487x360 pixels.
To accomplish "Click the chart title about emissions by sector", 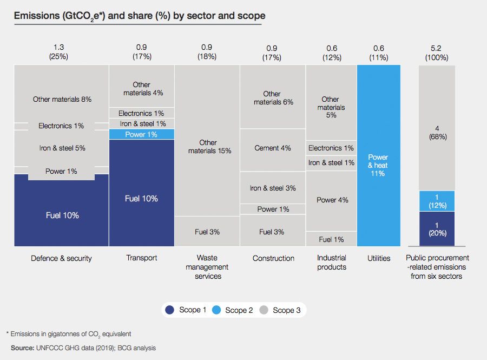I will click(140, 16).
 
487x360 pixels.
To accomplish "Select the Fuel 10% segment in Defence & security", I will click(62, 215).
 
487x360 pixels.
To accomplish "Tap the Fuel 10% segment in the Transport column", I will click(142, 198).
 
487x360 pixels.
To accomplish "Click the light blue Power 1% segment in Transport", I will click(142, 134).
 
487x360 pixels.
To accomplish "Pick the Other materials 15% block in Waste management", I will click(208, 146).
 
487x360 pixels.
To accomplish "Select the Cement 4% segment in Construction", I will click(273, 148).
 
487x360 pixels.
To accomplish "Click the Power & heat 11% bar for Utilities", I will click(378, 165).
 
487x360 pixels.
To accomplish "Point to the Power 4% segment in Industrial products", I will click(332, 200).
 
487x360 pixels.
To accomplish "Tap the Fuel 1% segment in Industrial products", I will click(332, 239).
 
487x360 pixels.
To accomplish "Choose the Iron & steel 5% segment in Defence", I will click(62, 148).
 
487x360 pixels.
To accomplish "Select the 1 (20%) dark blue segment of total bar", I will click(437, 228).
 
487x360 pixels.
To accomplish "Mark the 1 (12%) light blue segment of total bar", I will click(437, 201).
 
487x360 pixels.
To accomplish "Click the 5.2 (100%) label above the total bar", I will click(437, 51).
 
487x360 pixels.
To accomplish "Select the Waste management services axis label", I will click(208, 267).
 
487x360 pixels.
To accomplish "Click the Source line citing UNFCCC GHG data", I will click(83, 348).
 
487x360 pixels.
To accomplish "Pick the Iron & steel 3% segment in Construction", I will click(273, 188).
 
